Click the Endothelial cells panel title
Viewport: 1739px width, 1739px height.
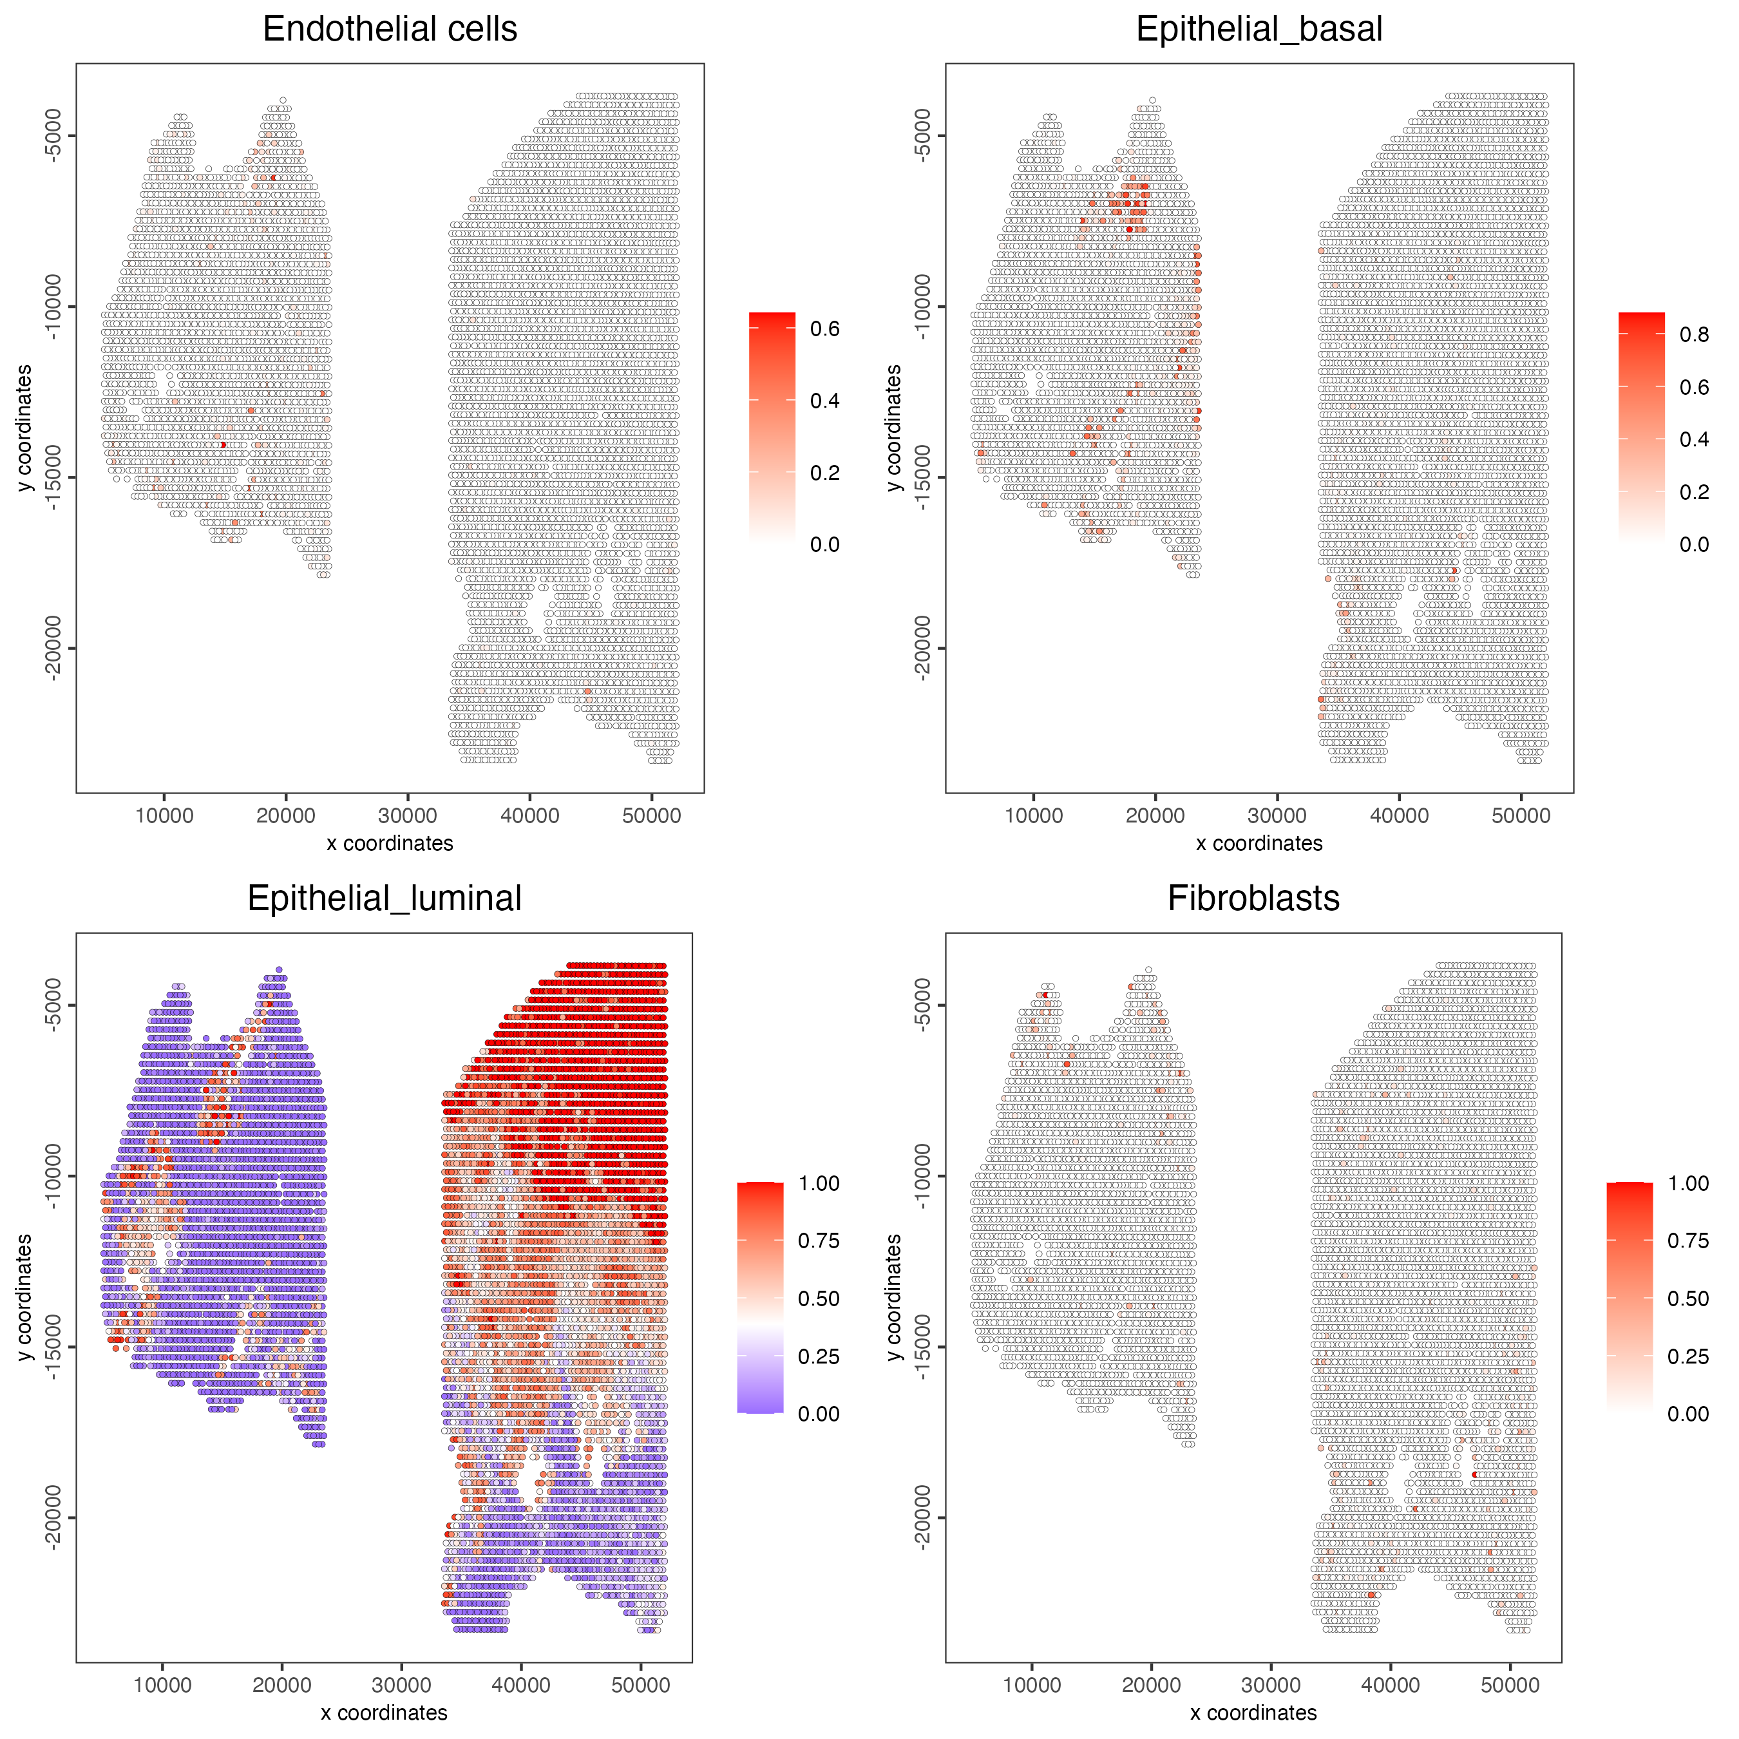coord(390,29)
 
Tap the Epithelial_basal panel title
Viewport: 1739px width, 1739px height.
coord(1259,29)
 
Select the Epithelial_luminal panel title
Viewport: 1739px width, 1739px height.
coord(385,898)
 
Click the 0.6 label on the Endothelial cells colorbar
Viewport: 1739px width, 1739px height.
coord(824,328)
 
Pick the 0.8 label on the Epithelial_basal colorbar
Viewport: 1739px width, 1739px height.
coord(1694,335)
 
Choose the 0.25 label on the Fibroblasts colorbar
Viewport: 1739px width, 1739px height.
coord(1687,1356)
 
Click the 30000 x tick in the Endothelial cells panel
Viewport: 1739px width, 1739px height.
coord(408,815)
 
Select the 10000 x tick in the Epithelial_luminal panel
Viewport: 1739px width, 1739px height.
coord(162,1685)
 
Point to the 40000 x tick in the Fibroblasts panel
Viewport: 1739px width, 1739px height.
coord(1391,1685)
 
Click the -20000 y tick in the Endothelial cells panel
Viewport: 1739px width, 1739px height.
coord(52,648)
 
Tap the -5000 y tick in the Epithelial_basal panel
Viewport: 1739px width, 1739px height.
coord(922,136)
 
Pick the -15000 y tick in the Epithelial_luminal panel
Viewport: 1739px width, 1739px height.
coord(52,1347)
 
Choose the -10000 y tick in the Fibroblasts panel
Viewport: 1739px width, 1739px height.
coord(922,1175)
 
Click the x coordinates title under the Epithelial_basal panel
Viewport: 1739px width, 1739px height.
coord(1259,843)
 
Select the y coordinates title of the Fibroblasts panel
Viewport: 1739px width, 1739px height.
coord(893,1297)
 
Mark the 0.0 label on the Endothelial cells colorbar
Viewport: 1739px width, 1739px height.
coord(824,544)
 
